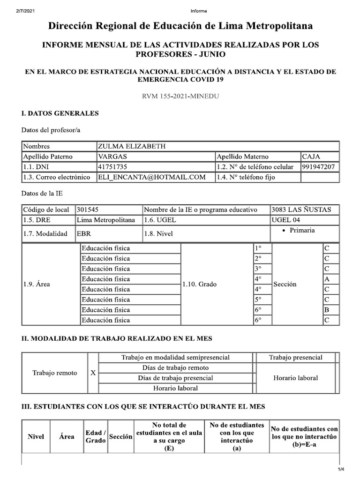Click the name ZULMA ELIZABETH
coord(131,146)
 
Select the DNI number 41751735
coord(112,167)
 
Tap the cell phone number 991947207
coord(318,167)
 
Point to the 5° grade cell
coord(258,300)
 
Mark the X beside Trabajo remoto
coord(93,373)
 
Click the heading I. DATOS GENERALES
coord(60,113)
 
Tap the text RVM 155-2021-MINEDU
coord(180,96)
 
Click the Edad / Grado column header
coord(95,436)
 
